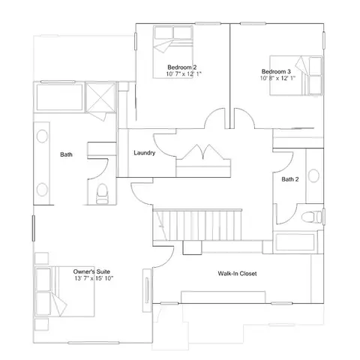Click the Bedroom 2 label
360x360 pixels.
182,67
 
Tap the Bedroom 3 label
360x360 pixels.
276,71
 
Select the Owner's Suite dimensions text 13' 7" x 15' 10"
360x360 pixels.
94,278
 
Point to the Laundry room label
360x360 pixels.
145,153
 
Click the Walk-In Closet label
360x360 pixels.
237,274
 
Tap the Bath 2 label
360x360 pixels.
290,179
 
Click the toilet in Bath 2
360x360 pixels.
311,217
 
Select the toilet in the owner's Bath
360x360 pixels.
102,193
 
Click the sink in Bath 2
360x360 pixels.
313,175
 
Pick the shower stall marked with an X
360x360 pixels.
100,97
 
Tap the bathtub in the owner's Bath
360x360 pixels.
59,97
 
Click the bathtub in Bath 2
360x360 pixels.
295,241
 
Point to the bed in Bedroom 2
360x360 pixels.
173,52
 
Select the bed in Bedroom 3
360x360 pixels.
295,75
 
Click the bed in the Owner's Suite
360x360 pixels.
64,292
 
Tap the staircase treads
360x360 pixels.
197,225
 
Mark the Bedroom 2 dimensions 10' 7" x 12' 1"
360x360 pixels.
184,74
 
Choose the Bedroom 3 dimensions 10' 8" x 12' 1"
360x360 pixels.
277,78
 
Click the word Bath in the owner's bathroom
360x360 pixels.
66,154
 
